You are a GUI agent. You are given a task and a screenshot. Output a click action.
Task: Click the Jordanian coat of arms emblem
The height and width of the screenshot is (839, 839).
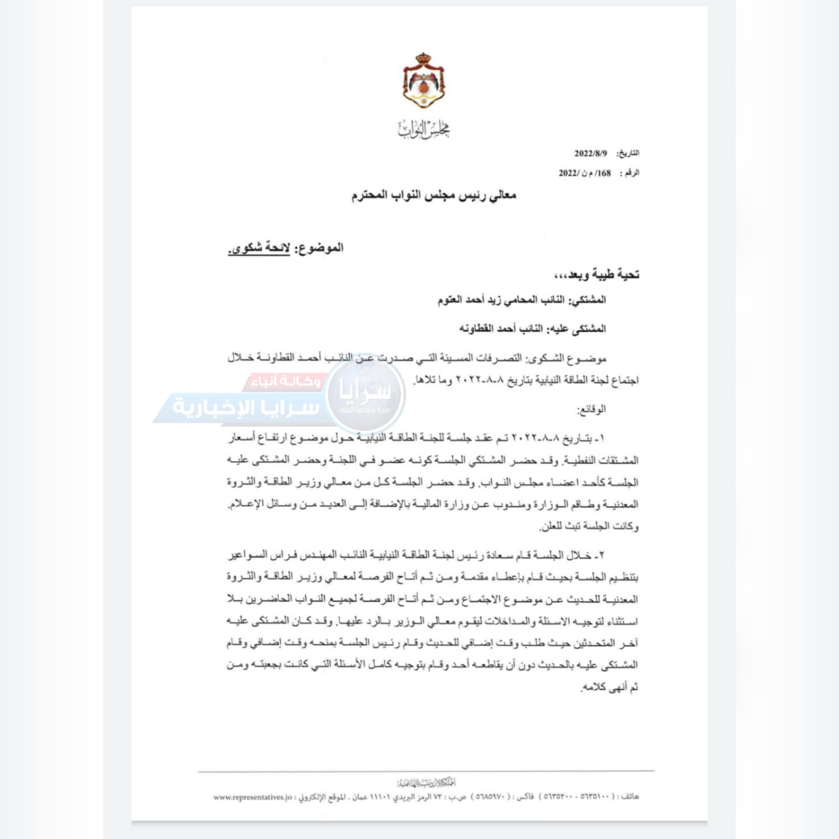point(423,81)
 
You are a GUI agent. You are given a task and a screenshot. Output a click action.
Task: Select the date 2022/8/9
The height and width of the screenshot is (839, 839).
point(590,153)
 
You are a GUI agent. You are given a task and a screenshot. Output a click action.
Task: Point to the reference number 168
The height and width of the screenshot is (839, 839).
point(604,173)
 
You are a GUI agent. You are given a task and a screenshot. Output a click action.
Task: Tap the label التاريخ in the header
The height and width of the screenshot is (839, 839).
point(628,153)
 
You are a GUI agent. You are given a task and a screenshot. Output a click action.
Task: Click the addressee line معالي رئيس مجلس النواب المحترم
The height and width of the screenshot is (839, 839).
point(433,196)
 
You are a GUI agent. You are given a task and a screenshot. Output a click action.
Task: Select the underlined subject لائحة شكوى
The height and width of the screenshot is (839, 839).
point(259,248)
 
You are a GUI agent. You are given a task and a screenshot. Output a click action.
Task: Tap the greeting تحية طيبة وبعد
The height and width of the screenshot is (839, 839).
point(597,274)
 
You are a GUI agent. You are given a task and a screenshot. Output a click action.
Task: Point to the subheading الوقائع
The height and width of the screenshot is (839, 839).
point(591,409)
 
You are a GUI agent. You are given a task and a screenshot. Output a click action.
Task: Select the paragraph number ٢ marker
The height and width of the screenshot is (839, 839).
point(602,555)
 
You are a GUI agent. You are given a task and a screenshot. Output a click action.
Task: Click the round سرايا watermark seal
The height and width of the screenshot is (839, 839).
point(366,394)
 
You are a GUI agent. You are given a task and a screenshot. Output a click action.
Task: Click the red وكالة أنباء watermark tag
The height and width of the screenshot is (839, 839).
point(286,381)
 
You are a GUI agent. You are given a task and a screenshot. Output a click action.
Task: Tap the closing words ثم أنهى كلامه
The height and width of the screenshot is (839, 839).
point(610,687)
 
